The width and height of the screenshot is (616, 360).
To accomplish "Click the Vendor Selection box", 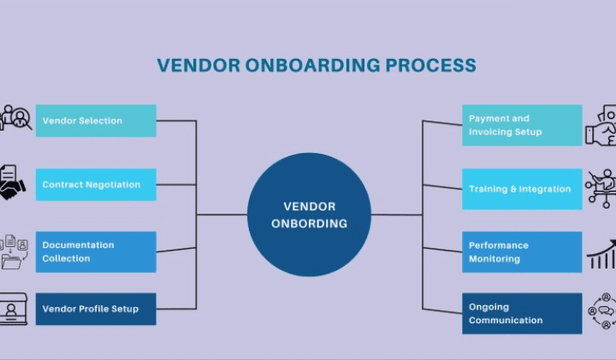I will click(x=96, y=121).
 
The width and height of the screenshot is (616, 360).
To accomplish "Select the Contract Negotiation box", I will click(x=96, y=185).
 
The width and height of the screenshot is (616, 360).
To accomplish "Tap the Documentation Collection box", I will click(x=96, y=251).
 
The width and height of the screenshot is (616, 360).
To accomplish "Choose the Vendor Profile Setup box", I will click(x=96, y=309).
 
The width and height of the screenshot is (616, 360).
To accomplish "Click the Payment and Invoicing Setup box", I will click(x=522, y=125).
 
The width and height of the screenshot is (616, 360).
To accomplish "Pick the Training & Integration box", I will click(x=522, y=189).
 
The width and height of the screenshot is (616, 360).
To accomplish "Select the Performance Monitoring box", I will click(x=522, y=251).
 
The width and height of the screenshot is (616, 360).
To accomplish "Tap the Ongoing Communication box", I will click(x=522, y=313).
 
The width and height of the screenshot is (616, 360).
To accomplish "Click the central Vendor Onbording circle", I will click(x=309, y=215).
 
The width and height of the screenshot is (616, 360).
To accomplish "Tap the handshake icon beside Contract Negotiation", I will click(x=12, y=185).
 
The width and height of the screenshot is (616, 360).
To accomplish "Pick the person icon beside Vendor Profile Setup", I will click(x=13, y=309).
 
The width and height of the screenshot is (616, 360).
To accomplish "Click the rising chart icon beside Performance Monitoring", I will click(x=601, y=253).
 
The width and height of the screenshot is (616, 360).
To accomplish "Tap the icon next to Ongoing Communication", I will click(x=602, y=312).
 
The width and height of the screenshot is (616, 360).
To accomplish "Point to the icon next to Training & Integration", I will click(x=601, y=188).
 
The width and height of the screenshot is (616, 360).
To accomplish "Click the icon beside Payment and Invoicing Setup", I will click(x=601, y=125).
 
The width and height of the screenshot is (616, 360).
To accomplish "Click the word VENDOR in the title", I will click(x=194, y=66).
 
